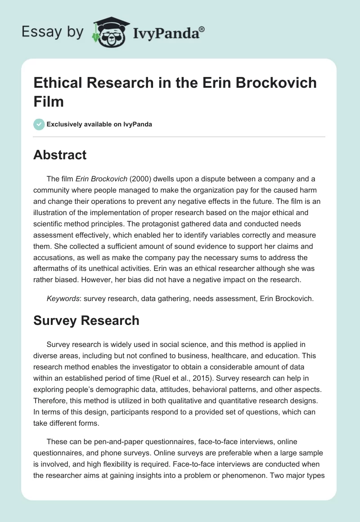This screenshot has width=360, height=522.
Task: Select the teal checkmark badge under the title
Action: click(39, 124)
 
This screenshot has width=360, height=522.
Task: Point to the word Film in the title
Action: click(49, 101)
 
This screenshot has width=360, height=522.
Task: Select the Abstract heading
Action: click(60, 155)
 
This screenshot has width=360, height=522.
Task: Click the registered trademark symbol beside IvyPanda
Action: click(202, 29)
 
